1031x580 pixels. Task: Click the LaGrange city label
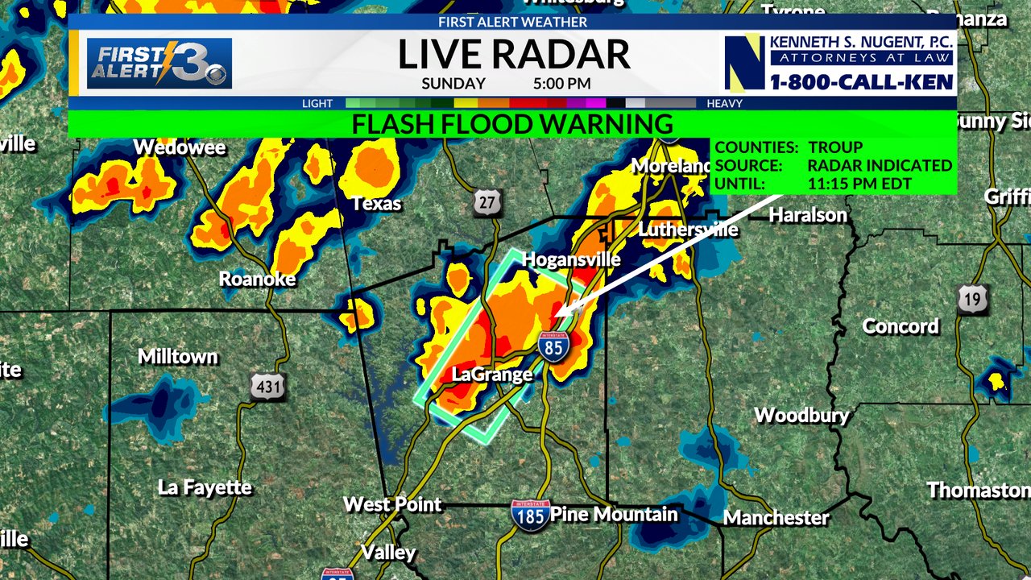tap(492, 375)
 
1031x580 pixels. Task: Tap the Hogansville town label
tap(571, 259)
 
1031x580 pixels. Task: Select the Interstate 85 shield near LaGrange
tap(553, 345)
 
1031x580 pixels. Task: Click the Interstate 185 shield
tap(530, 514)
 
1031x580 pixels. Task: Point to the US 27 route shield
tap(487, 202)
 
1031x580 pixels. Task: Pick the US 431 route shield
tap(267, 387)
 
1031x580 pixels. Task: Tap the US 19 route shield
tap(972, 300)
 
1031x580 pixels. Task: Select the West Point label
tap(392, 505)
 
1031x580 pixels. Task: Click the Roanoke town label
tap(258, 280)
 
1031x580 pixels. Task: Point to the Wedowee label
tap(179, 147)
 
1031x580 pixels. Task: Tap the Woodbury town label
tap(801, 416)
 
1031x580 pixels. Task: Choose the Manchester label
tap(776, 517)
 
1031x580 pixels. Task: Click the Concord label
tap(901, 326)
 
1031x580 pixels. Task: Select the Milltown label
tap(178, 356)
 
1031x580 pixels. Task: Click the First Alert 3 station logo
tap(159, 64)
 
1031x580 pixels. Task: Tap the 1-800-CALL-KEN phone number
tap(861, 82)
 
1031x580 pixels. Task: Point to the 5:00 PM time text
tap(561, 84)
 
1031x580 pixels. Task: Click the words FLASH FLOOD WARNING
tap(512, 124)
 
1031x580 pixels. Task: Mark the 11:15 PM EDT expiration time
tap(859, 184)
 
